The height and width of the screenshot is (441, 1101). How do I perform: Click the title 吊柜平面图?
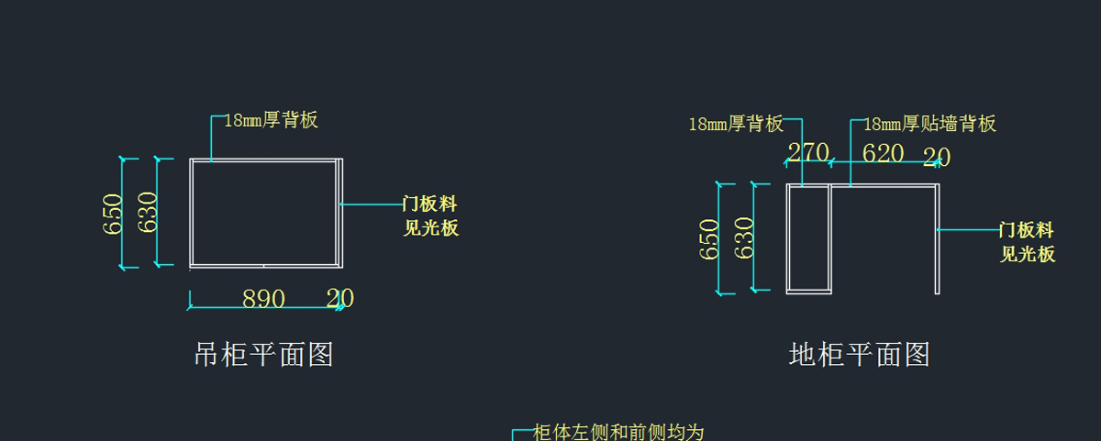[x=263, y=354]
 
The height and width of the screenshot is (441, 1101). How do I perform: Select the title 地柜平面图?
[x=859, y=354]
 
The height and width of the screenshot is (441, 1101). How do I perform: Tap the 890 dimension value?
[x=263, y=299]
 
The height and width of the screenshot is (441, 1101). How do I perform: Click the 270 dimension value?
[x=808, y=152]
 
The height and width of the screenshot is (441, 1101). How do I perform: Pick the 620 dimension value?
[x=883, y=153]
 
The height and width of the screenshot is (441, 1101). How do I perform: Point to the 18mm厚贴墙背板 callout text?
[x=929, y=124]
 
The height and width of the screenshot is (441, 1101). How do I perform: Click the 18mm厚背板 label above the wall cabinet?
[x=271, y=120]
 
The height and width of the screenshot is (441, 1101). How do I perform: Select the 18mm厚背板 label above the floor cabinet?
[x=736, y=124]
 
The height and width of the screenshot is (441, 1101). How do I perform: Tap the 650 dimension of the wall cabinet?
[x=113, y=214]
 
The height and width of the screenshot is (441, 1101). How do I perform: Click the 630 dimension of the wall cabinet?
[x=148, y=212]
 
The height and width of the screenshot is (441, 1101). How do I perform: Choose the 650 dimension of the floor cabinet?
[x=709, y=238]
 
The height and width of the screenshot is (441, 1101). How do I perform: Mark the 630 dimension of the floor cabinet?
[x=744, y=237]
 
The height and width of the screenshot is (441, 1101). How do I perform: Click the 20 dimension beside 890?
[x=339, y=298]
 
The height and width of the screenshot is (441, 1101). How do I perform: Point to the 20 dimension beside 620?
[x=936, y=157]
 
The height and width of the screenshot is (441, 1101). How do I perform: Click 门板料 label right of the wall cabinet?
[x=430, y=204]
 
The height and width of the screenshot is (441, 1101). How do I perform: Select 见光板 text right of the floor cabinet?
[x=1028, y=254]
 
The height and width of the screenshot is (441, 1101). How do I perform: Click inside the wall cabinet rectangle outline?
[x=264, y=213]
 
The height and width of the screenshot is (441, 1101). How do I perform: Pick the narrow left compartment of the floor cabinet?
[x=808, y=238]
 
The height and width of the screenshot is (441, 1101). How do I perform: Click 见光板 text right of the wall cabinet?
[x=430, y=228]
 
